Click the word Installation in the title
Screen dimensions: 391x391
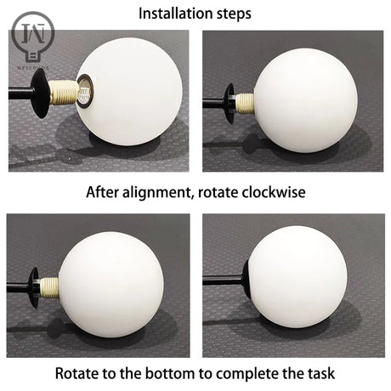(x=176, y=14)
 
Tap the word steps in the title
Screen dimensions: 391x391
(x=234, y=14)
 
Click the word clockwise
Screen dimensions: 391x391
(x=274, y=192)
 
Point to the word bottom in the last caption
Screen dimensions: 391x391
(x=170, y=373)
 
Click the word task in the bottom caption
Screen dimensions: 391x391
(x=321, y=373)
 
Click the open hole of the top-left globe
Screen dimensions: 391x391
(x=84, y=90)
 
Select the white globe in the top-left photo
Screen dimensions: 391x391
(x=129, y=92)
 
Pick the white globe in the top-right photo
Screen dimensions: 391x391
(x=305, y=100)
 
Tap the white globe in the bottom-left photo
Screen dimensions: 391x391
(x=111, y=285)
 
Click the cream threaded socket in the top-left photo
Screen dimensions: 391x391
(x=63, y=92)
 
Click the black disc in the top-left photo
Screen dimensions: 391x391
(x=39, y=93)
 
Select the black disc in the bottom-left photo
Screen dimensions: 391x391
(x=34, y=287)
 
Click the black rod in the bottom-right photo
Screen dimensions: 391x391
(x=223, y=280)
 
